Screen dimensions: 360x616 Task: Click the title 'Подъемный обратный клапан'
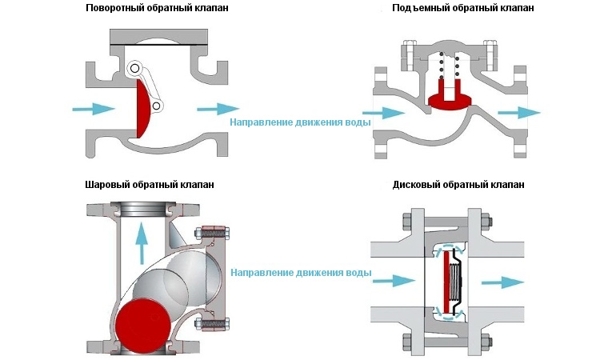pos(463,8)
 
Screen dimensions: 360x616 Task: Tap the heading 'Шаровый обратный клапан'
pos(150,185)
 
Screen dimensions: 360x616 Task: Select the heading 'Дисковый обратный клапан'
pos(459,185)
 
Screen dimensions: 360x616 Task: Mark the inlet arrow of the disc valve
pos(395,281)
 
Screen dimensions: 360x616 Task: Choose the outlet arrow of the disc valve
pos(504,282)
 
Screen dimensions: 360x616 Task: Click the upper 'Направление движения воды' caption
pos(301,123)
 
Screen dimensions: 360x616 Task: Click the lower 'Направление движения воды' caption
pos(301,273)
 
